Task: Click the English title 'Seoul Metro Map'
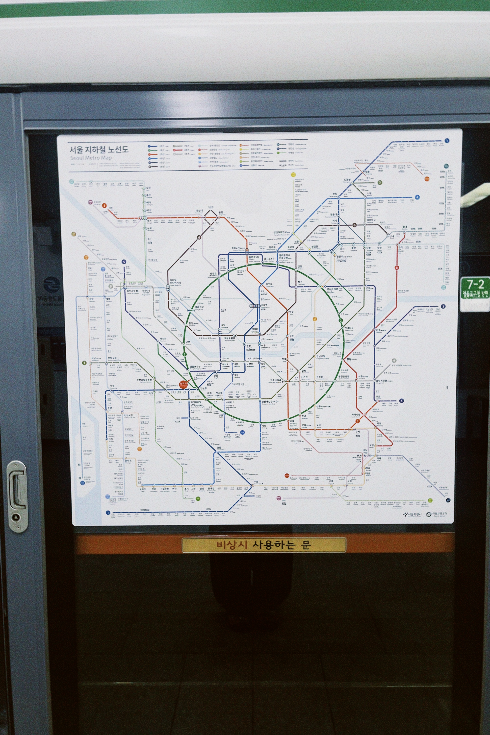point(91,158)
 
